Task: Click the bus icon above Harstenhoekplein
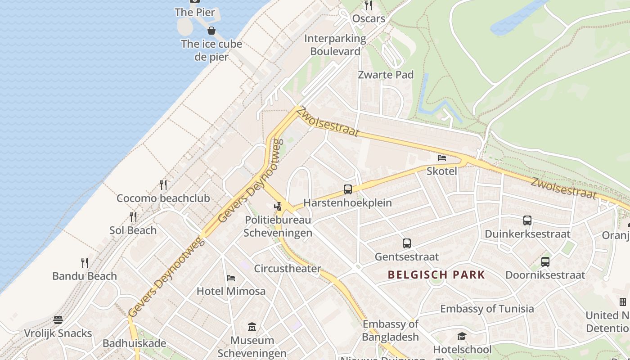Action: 347,189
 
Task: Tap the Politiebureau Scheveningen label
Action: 278,226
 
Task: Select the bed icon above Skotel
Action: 442,157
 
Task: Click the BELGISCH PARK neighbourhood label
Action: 436,274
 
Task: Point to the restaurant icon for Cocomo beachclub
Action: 163,184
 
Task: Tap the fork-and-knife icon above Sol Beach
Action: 133,217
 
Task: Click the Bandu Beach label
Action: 85,276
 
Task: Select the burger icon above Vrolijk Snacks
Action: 58,320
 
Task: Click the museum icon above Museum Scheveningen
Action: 252,327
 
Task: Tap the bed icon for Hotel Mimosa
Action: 231,278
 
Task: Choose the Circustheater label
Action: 288,269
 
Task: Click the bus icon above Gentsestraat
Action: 407,243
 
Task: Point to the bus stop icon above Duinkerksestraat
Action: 527,220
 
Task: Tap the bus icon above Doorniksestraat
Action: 545,261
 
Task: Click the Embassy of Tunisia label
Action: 487,309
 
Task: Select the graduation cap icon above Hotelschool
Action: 462,336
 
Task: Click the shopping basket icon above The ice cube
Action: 211,31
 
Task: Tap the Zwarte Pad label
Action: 386,75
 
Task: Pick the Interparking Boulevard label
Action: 335,45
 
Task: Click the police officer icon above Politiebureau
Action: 278,207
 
